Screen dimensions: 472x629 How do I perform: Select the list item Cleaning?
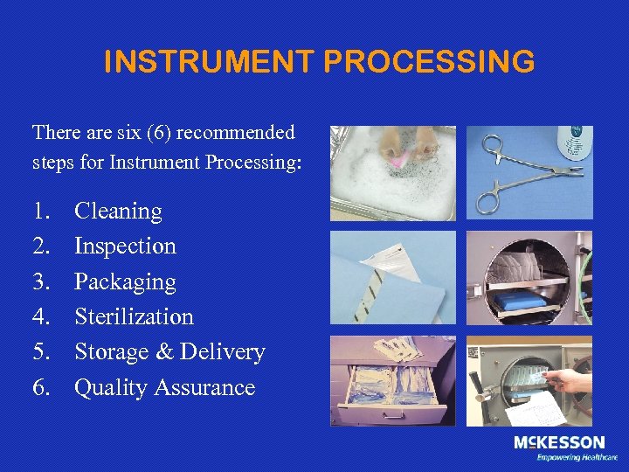click(x=118, y=211)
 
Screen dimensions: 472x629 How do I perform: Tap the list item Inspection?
click(x=125, y=246)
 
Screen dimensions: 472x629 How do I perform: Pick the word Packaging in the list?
click(x=125, y=281)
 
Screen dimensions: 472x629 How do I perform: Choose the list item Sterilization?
click(x=134, y=316)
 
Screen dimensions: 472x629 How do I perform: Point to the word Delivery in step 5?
click(x=222, y=351)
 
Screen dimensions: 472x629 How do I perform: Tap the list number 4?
click(x=41, y=316)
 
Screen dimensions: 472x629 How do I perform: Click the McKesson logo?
click(x=558, y=443)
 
